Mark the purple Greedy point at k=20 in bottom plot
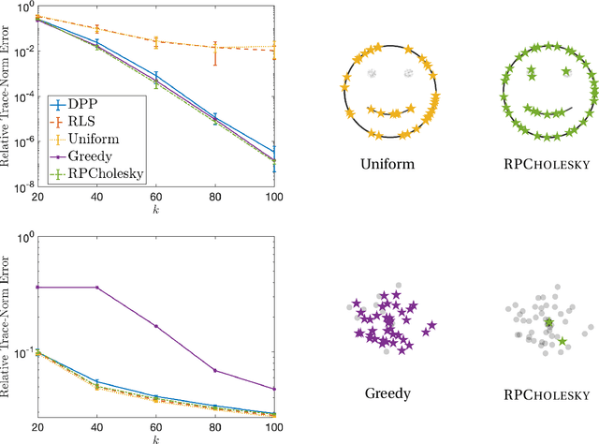coord(37,287)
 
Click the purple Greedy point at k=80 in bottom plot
coord(215,370)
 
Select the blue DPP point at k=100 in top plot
coord(274,152)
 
